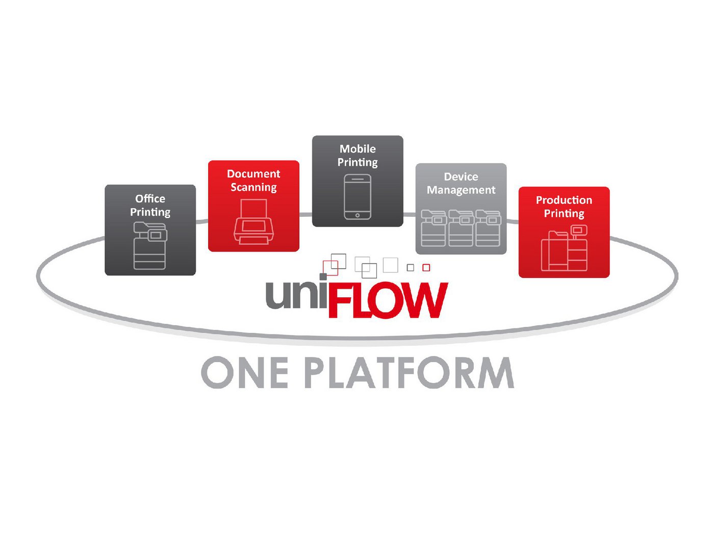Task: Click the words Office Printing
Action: (150, 205)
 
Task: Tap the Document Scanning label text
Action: (253, 181)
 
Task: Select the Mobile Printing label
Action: (358, 156)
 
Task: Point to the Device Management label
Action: (461, 183)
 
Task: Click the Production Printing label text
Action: (564, 207)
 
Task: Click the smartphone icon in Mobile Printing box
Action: (358, 197)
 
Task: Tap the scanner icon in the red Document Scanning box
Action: (253, 221)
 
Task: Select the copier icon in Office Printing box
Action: (150, 245)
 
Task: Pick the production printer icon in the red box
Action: (564, 248)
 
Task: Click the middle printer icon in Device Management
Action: (461, 228)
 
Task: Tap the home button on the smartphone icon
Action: (358, 215)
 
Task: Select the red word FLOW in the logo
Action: (388, 300)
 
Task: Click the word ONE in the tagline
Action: (245, 372)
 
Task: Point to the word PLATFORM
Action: (409, 372)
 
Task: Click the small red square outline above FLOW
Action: (426, 267)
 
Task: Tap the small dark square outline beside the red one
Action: (411, 267)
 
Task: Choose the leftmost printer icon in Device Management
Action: (433, 228)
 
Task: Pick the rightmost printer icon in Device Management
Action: (488, 228)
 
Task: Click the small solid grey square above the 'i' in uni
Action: (323, 277)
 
